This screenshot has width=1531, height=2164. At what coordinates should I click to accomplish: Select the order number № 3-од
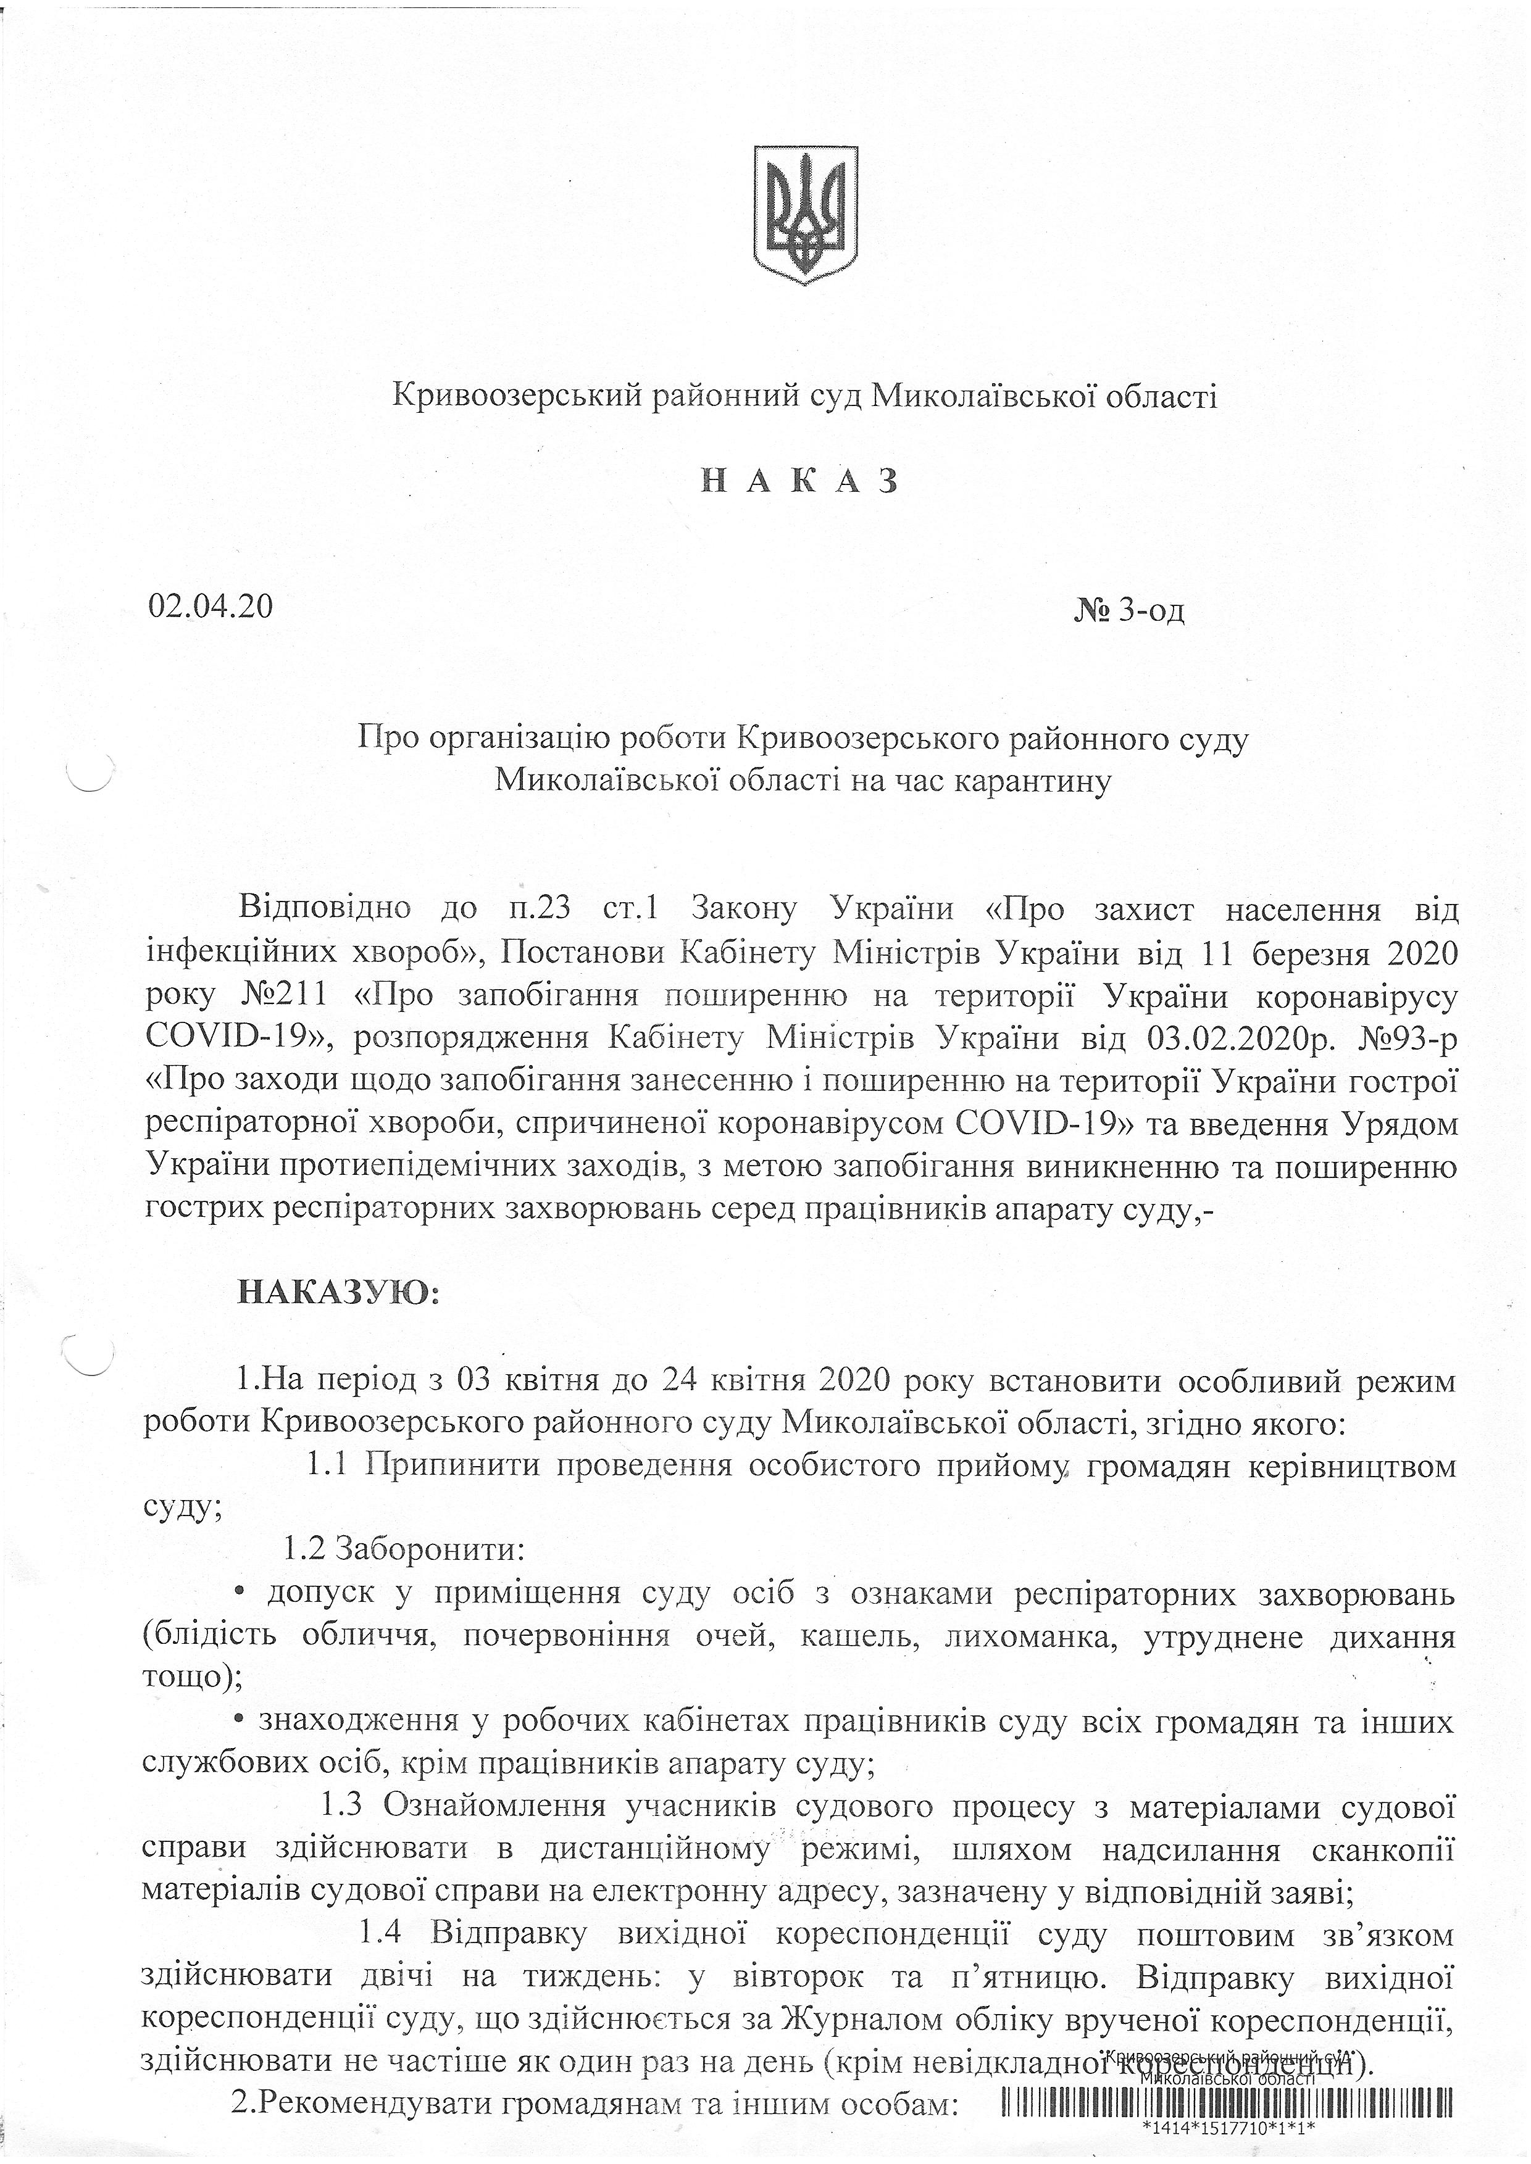click(x=1128, y=611)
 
